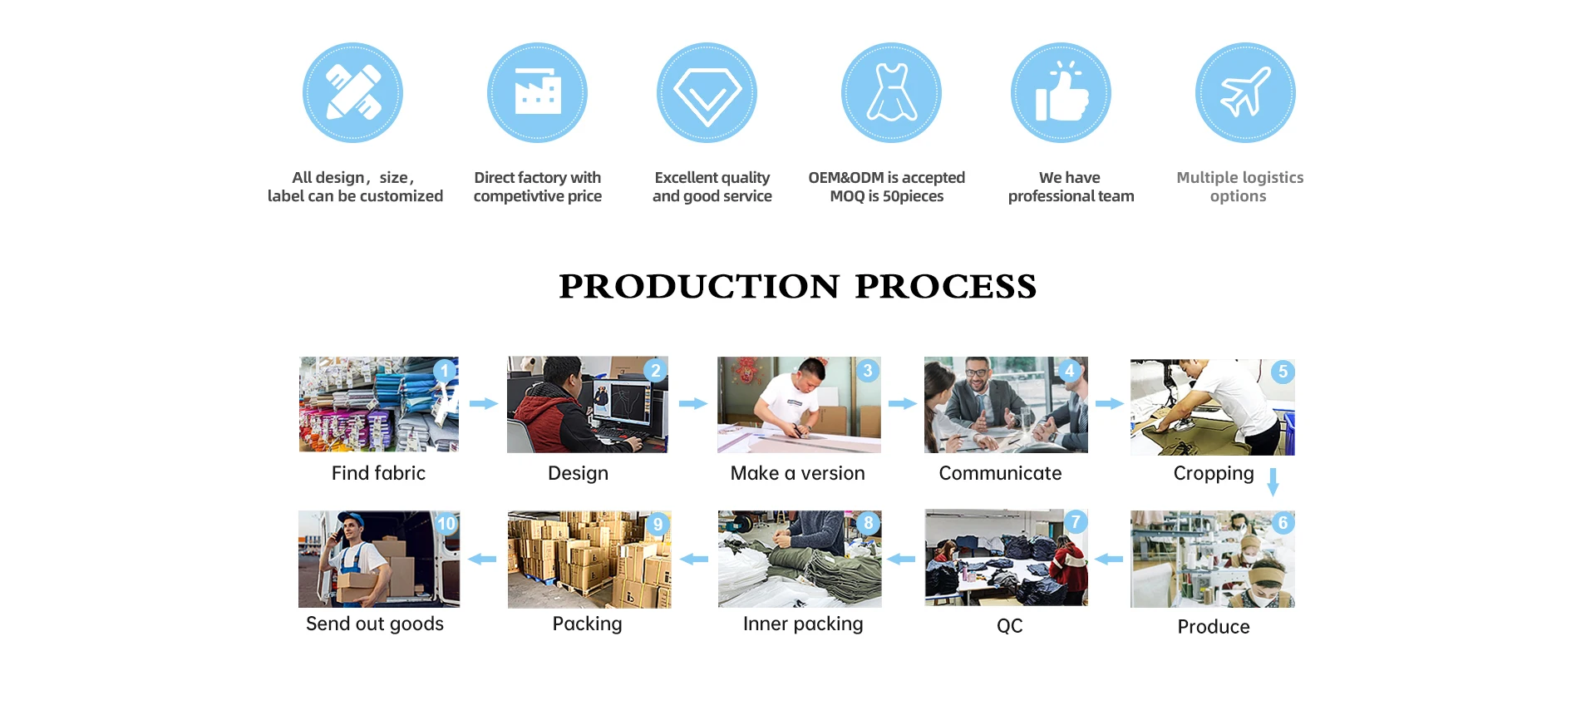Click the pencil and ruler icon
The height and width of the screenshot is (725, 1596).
click(x=352, y=92)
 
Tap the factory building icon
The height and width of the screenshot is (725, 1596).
click(x=537, y=92)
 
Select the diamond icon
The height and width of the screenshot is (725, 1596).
click(x=707, y=92)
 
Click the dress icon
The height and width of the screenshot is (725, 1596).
click(x=891, y=92)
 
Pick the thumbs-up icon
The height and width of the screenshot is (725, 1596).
click(x=1061, y=92)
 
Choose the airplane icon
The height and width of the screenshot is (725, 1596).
click(x=1245, y=92)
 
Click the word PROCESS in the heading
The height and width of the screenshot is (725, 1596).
click(x=946, y=287)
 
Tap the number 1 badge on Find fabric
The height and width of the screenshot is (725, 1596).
click(x=446, y=370)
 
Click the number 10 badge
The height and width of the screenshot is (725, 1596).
click(x=446, y=524)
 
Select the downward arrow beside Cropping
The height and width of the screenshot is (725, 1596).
click(x=1273, y=482)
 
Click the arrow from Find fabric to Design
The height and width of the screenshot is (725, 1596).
click(x=484, y=404)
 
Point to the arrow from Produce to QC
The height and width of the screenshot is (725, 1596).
click(x=1109, y=560)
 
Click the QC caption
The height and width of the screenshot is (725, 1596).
click(x=1010, y=626)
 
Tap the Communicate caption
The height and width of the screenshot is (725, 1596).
click(x=1000, y=473)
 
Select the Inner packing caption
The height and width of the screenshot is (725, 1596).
click(x=803, y=624)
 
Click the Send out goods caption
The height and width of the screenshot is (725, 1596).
click(x=375, y=624)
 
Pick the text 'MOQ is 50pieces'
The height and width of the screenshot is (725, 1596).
click(x=887, y=196)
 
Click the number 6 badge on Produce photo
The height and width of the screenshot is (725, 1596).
click(x=1283, y=523)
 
